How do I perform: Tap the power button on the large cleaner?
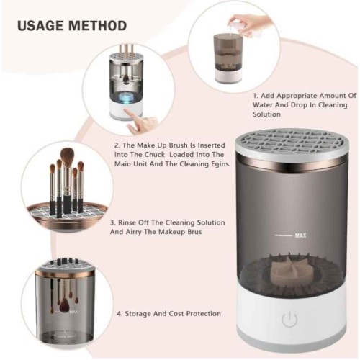click(x=289, y=319)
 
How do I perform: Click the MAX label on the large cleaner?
click(x=300, y=235)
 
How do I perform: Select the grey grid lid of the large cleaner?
click(x=291, y=143)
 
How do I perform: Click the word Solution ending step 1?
click(x=266, y=114)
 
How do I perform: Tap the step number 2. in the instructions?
click(x=117, y=145)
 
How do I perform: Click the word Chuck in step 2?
click(x=155, y=155)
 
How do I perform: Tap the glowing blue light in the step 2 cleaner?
click(x=127, y=97)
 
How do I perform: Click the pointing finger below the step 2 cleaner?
click(x=140, y=121)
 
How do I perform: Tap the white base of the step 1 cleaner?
click(x=228, y=75)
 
